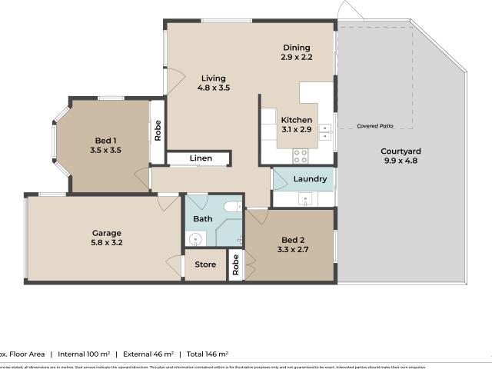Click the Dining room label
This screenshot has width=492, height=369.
pyautogui.click(x=296, y=46)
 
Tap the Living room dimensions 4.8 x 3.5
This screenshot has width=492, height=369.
pyautogui.click(x=214, y=88)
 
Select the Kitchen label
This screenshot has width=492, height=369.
pyautogui.click(x=296, y=120)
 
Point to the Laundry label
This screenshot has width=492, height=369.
pyautogui.click(x=311, y=179)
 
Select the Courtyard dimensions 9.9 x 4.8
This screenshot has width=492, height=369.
pyautogui.click(x=402, y=161)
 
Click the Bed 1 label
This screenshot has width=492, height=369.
pyautogui.click(x=106, y=140)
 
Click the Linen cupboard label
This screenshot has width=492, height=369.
pyautogui.click(x=201, y=158)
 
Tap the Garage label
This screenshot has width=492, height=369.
pyautogui.click(x=107, y=233)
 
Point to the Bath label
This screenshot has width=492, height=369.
pyautogui.click(x=203, y=219)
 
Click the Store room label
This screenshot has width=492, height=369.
pyautogui.click(x=205, y=265)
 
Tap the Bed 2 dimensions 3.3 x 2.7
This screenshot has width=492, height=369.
pyautogui.click(x=292, y=249)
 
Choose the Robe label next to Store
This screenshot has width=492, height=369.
pyautogui.click(x=236, y=265)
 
